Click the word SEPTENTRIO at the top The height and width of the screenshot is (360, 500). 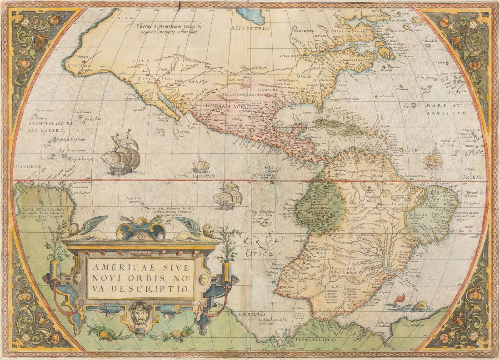point(251,28)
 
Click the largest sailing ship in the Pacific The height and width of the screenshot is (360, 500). point(121,155)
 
